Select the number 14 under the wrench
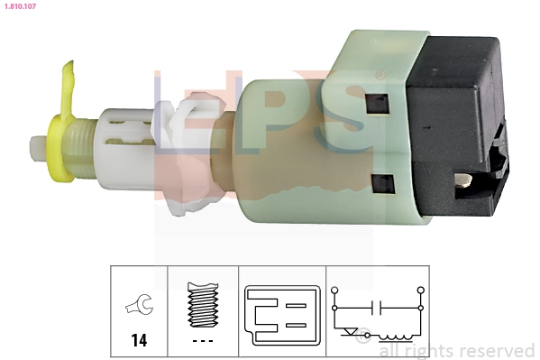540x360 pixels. [x=140, y=340]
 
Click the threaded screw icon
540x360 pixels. [x=202, y=304]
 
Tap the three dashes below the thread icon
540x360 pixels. [x=202, y=340]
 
